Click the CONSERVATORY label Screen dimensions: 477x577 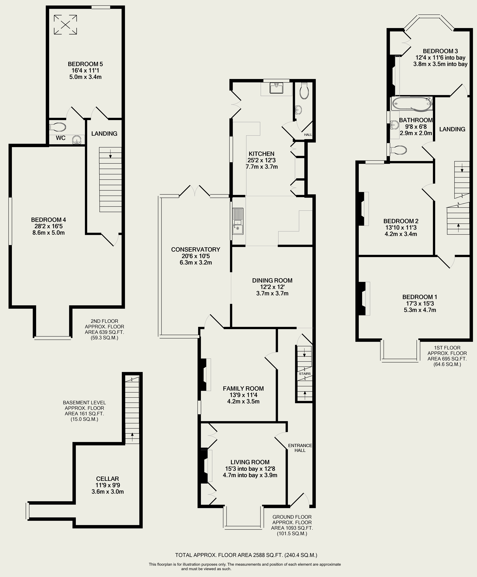click(196, 249)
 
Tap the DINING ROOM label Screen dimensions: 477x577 click(272, 281)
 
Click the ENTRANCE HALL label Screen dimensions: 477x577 click(300, 448)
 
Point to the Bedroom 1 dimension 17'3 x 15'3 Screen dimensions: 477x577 click(420, 304)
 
